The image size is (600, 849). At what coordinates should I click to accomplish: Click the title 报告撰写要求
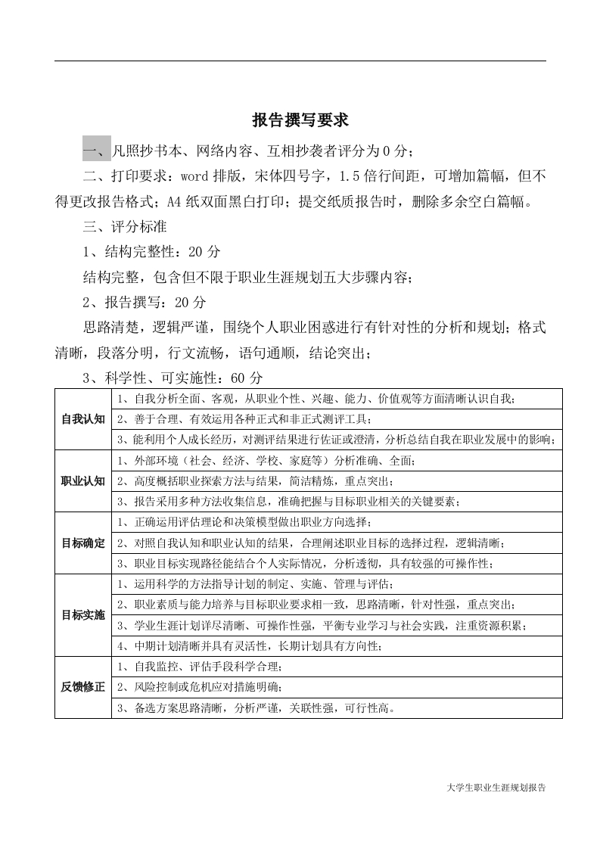pyautogui.click(x=300, y=120)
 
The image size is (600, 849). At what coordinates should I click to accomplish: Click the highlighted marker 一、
pyautogui.click(x=97, y=151)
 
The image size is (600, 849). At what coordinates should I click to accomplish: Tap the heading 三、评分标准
pyautogui.click(x=125, y=226)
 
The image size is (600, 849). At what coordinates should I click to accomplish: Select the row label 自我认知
pyautogui.click(x=83, y=419)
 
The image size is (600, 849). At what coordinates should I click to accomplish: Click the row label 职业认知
pyautogui.click(x=83, y=480)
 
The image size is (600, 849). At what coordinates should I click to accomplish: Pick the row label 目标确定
pyautogui.click(x=83, y=543)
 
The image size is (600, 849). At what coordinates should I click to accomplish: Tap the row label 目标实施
pyautogui.click(x=83, y=614)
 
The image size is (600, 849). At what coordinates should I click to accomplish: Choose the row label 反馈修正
pyautogui.click(x=83, y=687)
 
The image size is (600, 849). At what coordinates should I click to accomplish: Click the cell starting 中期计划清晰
pyautogui.click(x=250, y=645)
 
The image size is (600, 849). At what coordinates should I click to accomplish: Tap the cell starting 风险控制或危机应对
pyautogui.click(x=201, y=687)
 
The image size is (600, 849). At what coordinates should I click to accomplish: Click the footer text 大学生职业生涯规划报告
pyautogui.click(x=496, y=787)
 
